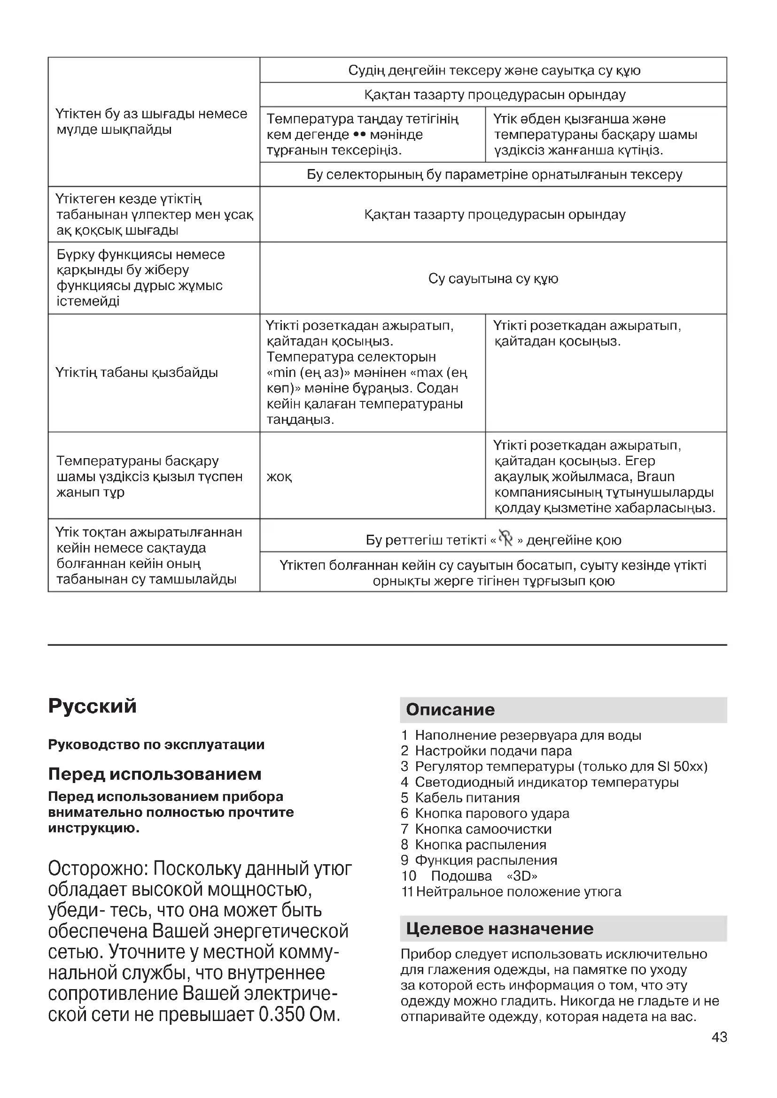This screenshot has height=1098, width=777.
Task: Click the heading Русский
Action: (x=93, y=706)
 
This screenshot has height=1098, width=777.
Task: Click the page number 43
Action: (x=719, y=1037)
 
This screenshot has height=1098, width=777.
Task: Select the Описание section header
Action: (x=450, y=709)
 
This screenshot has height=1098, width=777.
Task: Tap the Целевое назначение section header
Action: (x=499, y=929)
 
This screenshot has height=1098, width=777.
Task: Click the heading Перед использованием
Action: (x=155, y=774)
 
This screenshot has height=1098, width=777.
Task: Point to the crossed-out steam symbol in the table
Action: (x=506, y=538)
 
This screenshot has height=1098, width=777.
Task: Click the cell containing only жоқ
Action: (x=280, y=477)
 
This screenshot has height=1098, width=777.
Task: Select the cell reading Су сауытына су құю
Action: (x=493, y=278)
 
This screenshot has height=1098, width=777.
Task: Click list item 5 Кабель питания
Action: (x=467, y=798)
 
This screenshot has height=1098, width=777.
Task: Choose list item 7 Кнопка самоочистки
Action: (x=483, y=829)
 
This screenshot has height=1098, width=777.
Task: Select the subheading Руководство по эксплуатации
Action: (x=156, y=745)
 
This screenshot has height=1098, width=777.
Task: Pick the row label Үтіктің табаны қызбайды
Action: (x=137, y=373)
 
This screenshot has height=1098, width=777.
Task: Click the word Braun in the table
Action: (x=655, y=477)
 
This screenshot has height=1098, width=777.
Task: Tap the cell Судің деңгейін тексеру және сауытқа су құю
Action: (x=494, y=70)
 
